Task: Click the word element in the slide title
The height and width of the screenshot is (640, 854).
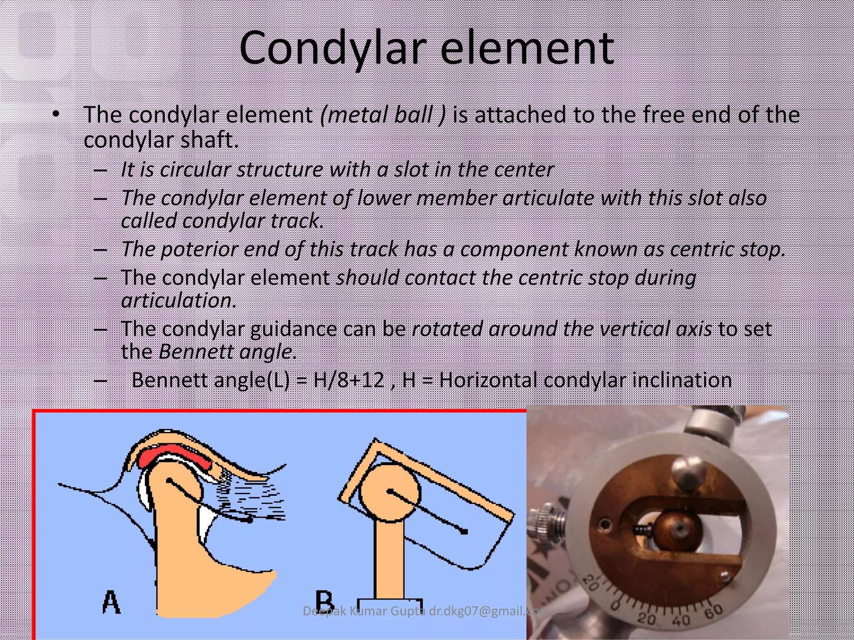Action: click(527, 49)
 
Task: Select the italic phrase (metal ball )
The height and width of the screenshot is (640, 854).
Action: click(383, 115)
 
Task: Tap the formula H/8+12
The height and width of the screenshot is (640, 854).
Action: click(349, 380)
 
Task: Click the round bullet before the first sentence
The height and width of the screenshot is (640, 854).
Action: click(56, 114)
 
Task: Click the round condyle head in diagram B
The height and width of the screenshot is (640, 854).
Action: click(389, 492)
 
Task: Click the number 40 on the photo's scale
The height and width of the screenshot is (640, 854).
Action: click(681, 620)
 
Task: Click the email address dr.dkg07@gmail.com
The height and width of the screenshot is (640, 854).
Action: click(490, 611)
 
